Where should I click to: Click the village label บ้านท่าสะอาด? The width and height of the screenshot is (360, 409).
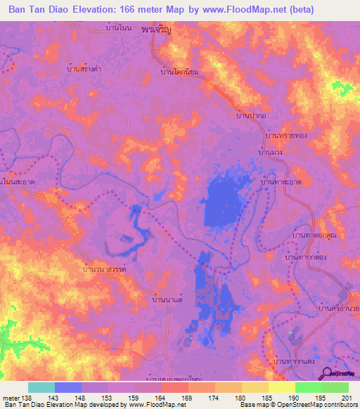tap(281, 181)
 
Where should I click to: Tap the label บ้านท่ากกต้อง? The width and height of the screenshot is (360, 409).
tap(307, 259)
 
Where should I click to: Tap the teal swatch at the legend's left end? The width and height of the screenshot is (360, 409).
tap(41, 387)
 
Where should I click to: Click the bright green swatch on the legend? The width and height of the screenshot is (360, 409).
tap(308, 387)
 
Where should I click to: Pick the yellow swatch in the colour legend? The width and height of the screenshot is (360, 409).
tap(281, 387)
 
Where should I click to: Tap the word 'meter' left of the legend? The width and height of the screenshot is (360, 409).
tap(12, 398)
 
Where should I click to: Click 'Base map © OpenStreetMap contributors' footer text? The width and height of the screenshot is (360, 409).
tap(299, 405)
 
